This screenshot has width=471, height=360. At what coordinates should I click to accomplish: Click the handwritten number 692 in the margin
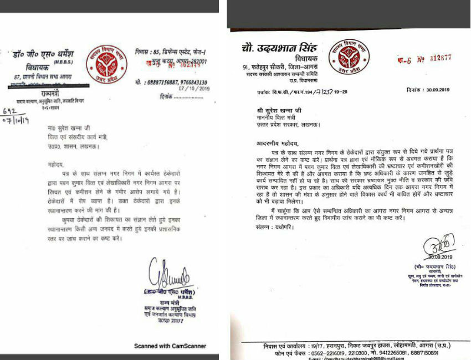[x=11, y=111]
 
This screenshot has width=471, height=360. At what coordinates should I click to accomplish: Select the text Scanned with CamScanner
[x=170, y=346]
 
